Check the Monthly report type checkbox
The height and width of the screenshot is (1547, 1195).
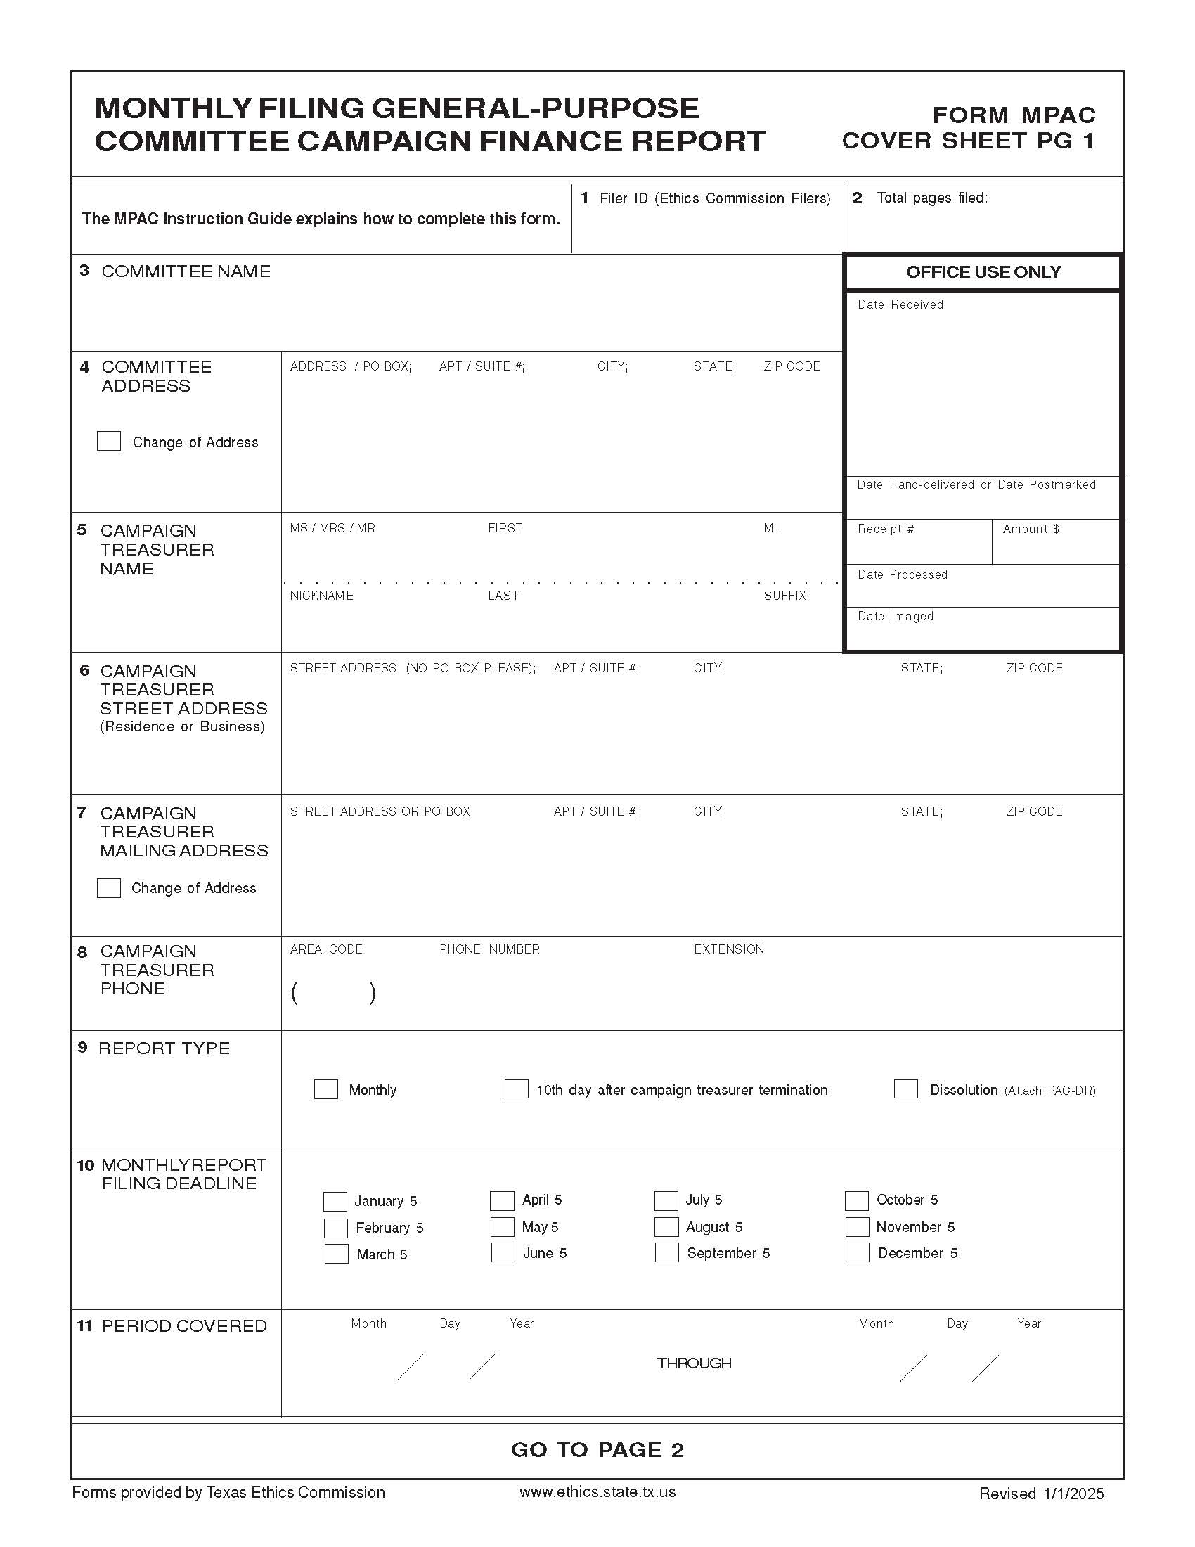click(325, 1089)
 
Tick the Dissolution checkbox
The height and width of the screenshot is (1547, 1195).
click(905, 1089)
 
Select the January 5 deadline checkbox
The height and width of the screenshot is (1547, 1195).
click(335, 1201)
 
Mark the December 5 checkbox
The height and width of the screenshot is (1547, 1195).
click(858, 1252)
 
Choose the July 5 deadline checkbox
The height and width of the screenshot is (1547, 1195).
click(666, 1200)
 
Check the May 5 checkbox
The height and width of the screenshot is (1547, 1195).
click(502, 1226)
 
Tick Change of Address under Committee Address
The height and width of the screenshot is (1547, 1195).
click(109, 442)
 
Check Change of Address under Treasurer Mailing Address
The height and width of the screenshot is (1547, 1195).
click(109, 887)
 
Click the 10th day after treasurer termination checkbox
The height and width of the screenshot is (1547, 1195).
click(516, 1089)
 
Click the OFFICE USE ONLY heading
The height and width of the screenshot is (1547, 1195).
click(983, 272)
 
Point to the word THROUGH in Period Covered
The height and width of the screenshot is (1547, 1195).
click(694, 1363)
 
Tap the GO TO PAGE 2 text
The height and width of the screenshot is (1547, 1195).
click(597, 1450)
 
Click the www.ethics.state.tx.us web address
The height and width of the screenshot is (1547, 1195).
click(597, 1491)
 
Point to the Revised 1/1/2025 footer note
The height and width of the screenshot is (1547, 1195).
click(1040, 1493)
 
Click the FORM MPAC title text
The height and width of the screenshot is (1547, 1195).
click(1014, 115)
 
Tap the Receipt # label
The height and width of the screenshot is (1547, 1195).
click(886, 529)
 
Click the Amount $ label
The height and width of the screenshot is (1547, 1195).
click(1031, 529)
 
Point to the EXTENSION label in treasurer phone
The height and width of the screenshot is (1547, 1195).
click(728, 949)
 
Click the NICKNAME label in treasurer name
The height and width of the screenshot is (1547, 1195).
click(321, 596)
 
